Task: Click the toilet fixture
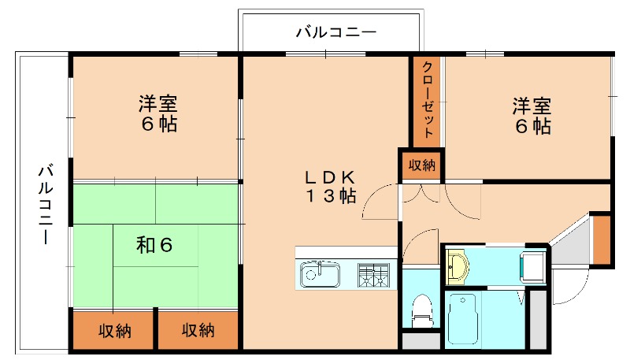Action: tap(422, 309)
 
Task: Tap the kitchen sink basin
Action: tap(320, 275)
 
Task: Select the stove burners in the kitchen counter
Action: tap(375, 275)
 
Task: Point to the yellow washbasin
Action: tap(457, 266)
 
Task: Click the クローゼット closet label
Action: tap(428, 100)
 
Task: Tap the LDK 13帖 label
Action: tap(332, 186)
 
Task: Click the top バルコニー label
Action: tap(336, 32)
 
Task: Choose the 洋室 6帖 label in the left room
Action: tap(158, 113)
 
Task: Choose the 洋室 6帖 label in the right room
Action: tap(532, 115)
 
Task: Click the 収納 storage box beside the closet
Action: tap(421, 165)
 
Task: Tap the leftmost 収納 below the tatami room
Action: tap(114, 331)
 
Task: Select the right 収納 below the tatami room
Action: tap(197, 331)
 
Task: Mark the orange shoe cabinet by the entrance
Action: tap(602, 240)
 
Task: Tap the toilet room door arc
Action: tap(421, 240)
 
